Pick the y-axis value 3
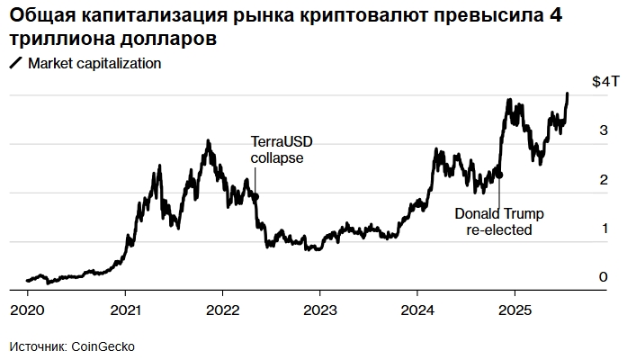(x=603, y=130)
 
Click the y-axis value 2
(x=603, y=180)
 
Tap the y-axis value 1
(x=603, y=229)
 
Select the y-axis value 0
(x=603, y=277)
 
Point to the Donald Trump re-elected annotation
(x=499, y=221)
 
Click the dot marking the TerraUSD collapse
(x=255, y=196)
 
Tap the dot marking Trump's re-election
(x=499, y=175)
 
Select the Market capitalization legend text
(x=94, y=64)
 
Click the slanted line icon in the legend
(x=15, y=64)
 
